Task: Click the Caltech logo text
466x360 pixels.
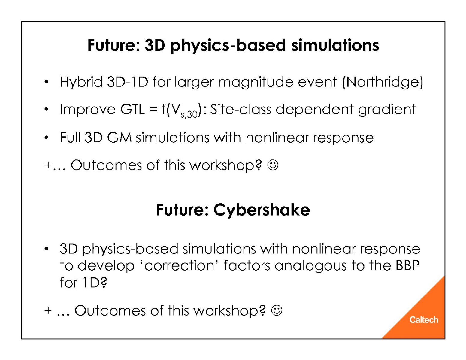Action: click(x=424, y=320)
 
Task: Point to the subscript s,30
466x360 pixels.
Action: click(x=189, y=115)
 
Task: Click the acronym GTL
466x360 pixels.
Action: click(x=132, y=109)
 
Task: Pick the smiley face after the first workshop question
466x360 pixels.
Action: click(x=273, y=165)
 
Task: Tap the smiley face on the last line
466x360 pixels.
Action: click(x=277, y=310)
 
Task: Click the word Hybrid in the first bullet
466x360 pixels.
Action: click(x=81, y=82)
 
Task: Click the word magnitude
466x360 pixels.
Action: click(x=256, y=83)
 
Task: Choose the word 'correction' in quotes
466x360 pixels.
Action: click(x=179, y=266)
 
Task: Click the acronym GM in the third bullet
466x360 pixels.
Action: click(x=119, y=138)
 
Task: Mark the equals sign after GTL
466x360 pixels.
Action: click(x=153, y=110)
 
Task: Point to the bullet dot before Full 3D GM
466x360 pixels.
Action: click(x=46, y=137)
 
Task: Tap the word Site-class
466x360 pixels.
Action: click(x=241, y=109)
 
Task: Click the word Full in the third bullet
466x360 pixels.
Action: click(x=70, y=138)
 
